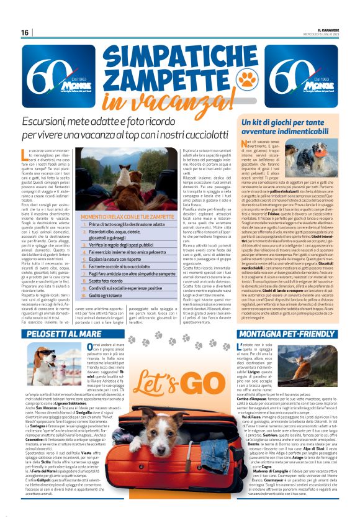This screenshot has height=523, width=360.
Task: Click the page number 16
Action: [x=25, y=32]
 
